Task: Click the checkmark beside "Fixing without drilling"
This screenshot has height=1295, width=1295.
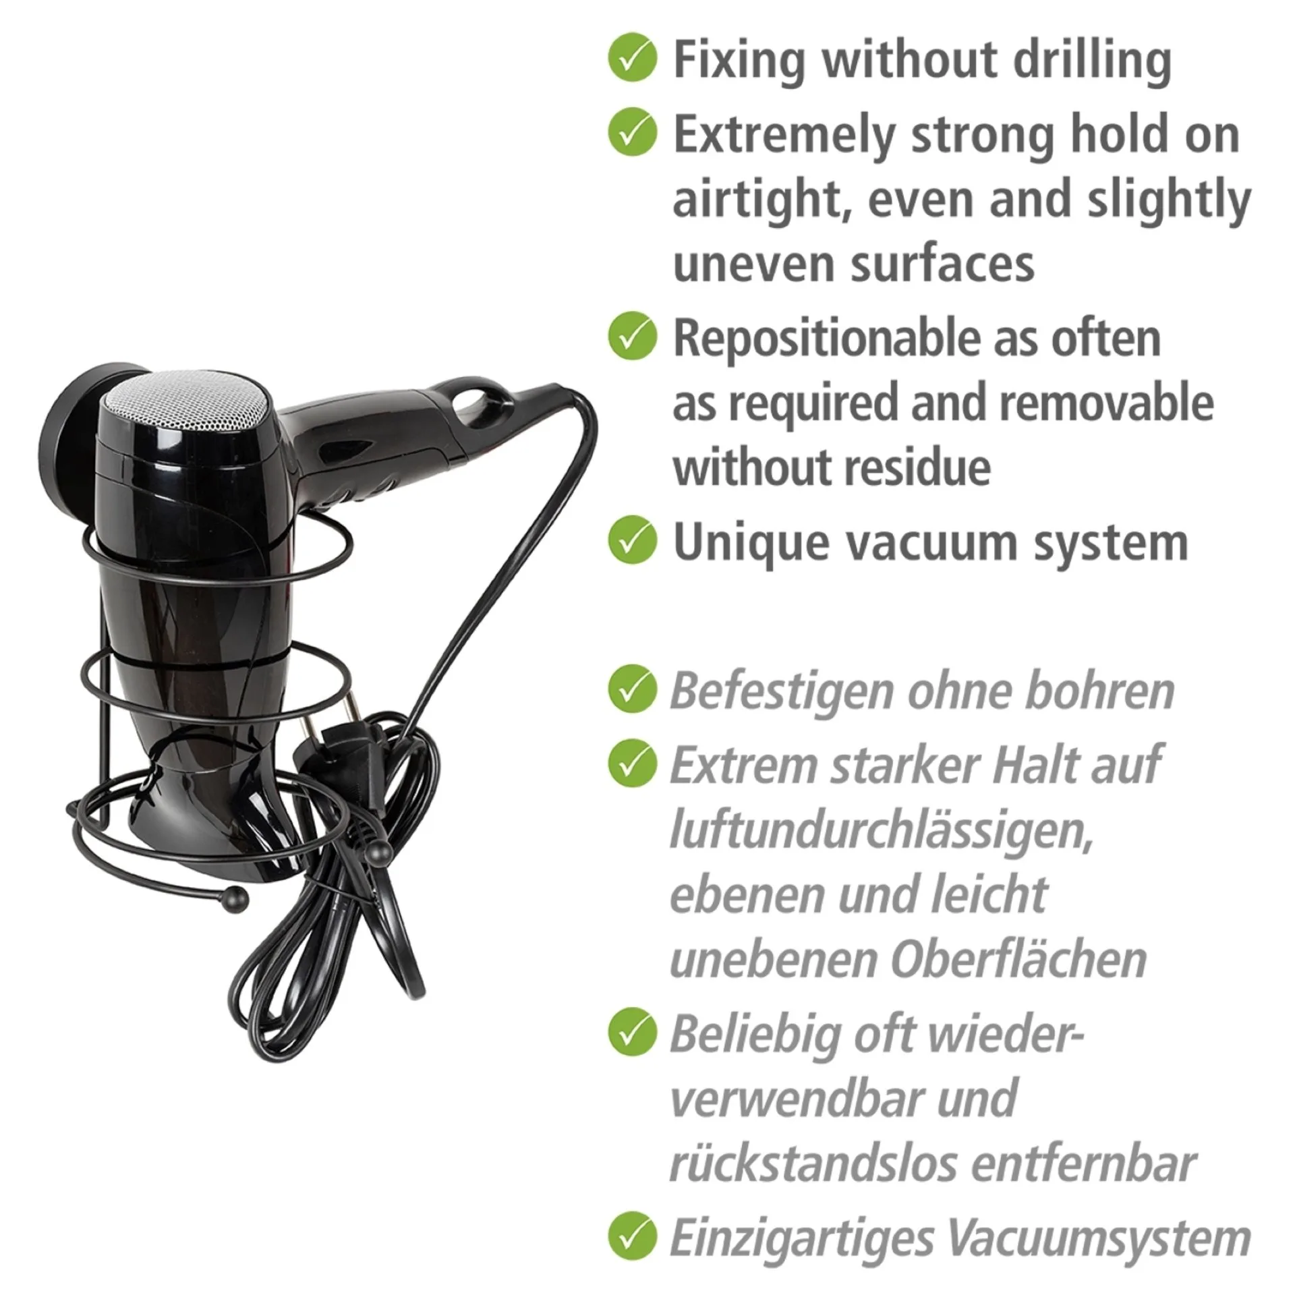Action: click(x=632, y=59)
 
